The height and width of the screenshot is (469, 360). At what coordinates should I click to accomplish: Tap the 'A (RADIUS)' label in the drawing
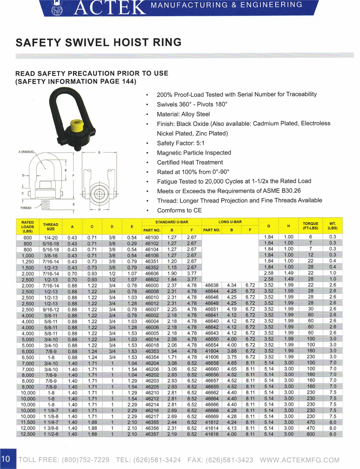(x=26, y=152)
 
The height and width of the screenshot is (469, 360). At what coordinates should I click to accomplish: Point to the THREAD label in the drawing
(x=26, y=208)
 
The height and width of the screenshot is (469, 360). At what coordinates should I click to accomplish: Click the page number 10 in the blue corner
(x=6, y=459)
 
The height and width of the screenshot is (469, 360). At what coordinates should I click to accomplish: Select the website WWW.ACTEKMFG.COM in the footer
(x=300, y=460)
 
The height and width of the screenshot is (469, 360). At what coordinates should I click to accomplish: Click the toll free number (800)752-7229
(x=85, y=460)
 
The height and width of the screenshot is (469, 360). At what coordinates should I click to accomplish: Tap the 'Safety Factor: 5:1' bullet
(x=180, y=143)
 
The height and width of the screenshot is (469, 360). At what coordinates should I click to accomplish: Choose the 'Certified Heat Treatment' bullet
(x=190, y=162)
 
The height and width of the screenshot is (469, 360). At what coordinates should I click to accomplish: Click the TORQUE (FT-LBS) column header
(x=310, y=226)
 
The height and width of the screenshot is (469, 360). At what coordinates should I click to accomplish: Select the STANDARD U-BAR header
(x=172, y=222)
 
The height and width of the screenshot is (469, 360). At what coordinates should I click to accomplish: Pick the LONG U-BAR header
(x=230, y=222)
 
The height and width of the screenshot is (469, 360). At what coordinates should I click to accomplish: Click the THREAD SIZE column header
(x=51, y=226)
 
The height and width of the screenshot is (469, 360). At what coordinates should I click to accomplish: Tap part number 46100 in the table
(x=152, y=238)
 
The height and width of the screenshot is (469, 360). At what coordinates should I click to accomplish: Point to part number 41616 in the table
(x=212, y=434)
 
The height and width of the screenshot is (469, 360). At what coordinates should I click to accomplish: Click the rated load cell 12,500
(x=28, y=434)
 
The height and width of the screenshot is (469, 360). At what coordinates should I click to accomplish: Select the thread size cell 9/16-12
(x=51, y=310)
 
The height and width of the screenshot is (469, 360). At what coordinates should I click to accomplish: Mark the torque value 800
(x=311, y=434)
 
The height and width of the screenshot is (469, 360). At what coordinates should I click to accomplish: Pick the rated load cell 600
(x=28, y=238)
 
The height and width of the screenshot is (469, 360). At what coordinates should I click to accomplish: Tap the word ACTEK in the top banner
(x=110, y=8)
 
